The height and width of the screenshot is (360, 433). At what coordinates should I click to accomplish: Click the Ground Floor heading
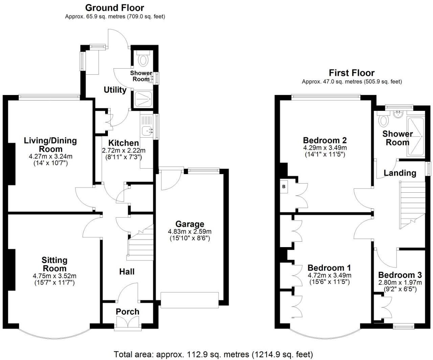pyautogui.click(x=114, y=8)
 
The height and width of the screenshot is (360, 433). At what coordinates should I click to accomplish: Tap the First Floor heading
pyautogui.click(x=351, y=73)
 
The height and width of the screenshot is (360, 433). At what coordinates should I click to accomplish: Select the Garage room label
pyautogui.click(x=189, y=224)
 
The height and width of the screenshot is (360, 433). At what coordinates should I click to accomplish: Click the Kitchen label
pyautogui.click(x=123, y=143)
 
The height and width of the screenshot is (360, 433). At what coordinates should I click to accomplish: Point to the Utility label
pyautogui.click(x=115, y=90)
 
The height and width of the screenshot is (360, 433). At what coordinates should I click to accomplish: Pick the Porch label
pyautogui.click(x=128, y=312)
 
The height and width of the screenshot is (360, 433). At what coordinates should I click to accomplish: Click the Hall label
pyautogui.click(x=127, y=272)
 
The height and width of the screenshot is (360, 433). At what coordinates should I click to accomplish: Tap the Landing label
pyautogui.click(x=400, y=173)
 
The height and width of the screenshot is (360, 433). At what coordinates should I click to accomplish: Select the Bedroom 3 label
pyautogui.click(x=400, y=275)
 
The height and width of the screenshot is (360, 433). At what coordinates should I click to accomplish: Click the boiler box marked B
pyautogui.click(x=284, y=187)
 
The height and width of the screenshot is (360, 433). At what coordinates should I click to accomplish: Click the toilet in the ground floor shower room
pyautogui.click(x=143, y=60)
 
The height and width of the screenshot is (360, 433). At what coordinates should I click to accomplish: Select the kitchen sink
pyautogui.click(x=146, y=129)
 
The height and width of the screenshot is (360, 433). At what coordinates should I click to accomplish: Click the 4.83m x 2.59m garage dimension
pyautogui.click(x=189, y=232)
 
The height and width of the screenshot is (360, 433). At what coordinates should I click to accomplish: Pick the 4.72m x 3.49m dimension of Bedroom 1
pyautogui.click(x=329, y=275)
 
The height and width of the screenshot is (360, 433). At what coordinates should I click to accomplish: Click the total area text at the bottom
pyautogui.click(x=213, y=354)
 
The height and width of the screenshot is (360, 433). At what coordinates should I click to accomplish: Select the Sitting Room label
pyautogui.click(x=54, y=264)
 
